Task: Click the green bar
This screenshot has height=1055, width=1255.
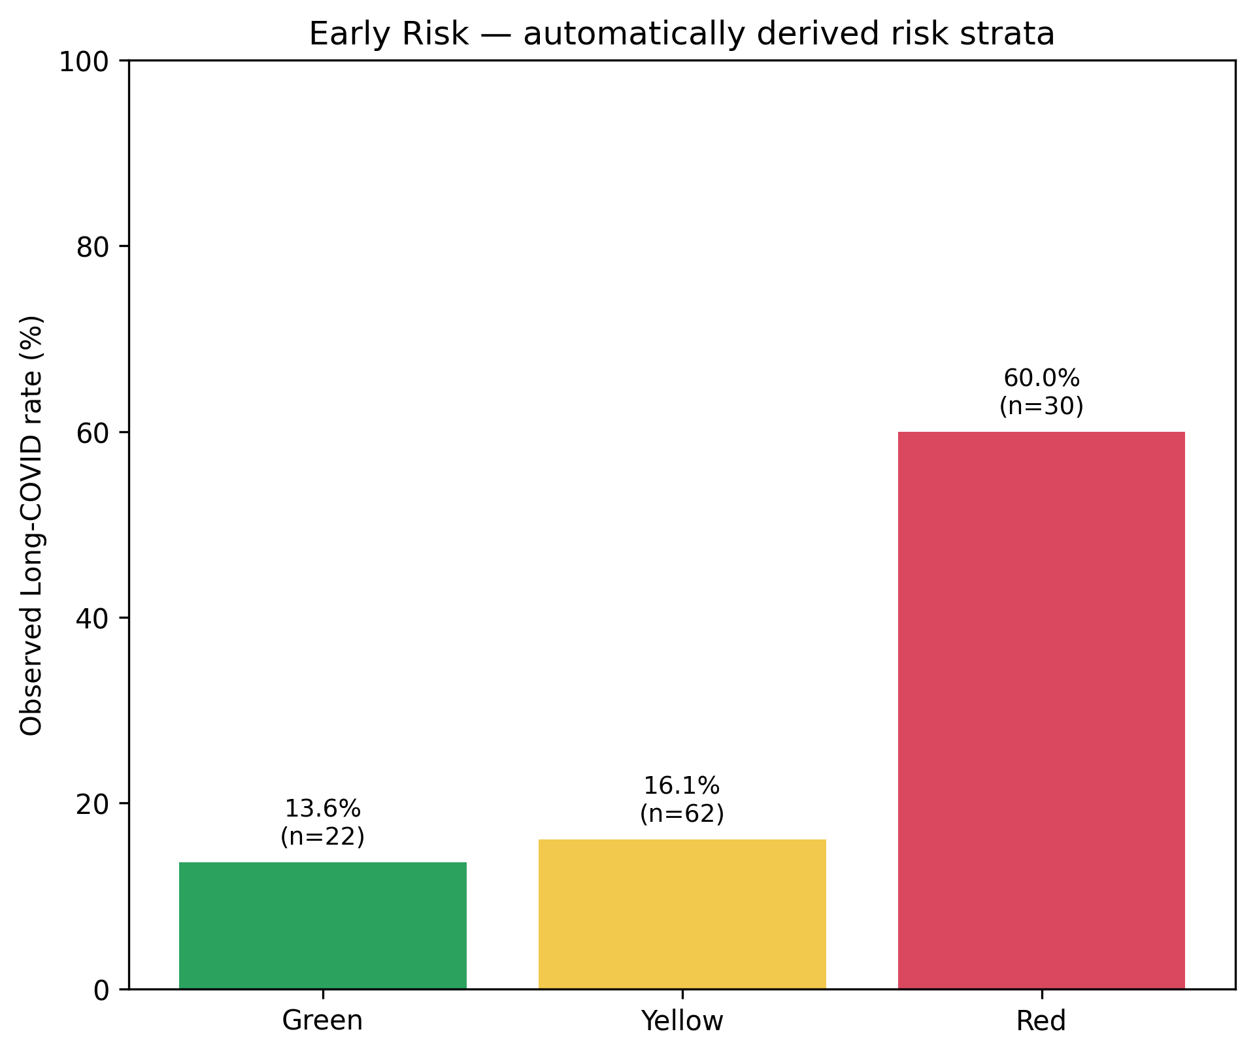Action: [x=323, y=926]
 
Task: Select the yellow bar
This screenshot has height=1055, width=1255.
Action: [x=682, y=914]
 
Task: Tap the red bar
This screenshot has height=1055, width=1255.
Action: [x=1041, y=710]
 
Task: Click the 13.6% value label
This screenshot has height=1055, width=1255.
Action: [x=323, y=809]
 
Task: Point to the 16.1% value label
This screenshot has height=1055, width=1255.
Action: [x=682, y=786]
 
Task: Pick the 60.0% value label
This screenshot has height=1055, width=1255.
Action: [x=1041, y=378]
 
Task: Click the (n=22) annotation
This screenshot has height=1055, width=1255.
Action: [x=323, y=837]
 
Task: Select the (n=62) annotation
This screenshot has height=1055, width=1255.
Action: [x=682, y=814]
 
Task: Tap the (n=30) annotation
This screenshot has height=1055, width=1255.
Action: [x=1041, y=406]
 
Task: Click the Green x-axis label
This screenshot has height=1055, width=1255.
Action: [x=323, y=1020]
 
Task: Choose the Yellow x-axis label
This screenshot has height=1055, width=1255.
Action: [x=682, y=1020]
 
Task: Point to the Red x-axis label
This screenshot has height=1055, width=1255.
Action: [x=1041, y=1020]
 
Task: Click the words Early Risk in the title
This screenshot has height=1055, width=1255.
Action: [x=389, y=34]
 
